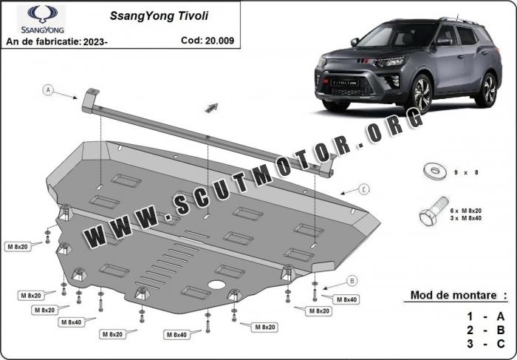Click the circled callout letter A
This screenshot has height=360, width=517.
pos(49,89)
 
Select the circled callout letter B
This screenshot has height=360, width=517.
pos(352,280)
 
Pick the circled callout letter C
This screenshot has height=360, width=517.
pos(365,190)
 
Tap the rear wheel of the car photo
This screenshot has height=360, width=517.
pos(486,89)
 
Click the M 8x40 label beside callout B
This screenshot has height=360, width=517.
pos(346,299)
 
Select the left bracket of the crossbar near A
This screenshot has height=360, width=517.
pos(92,99)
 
